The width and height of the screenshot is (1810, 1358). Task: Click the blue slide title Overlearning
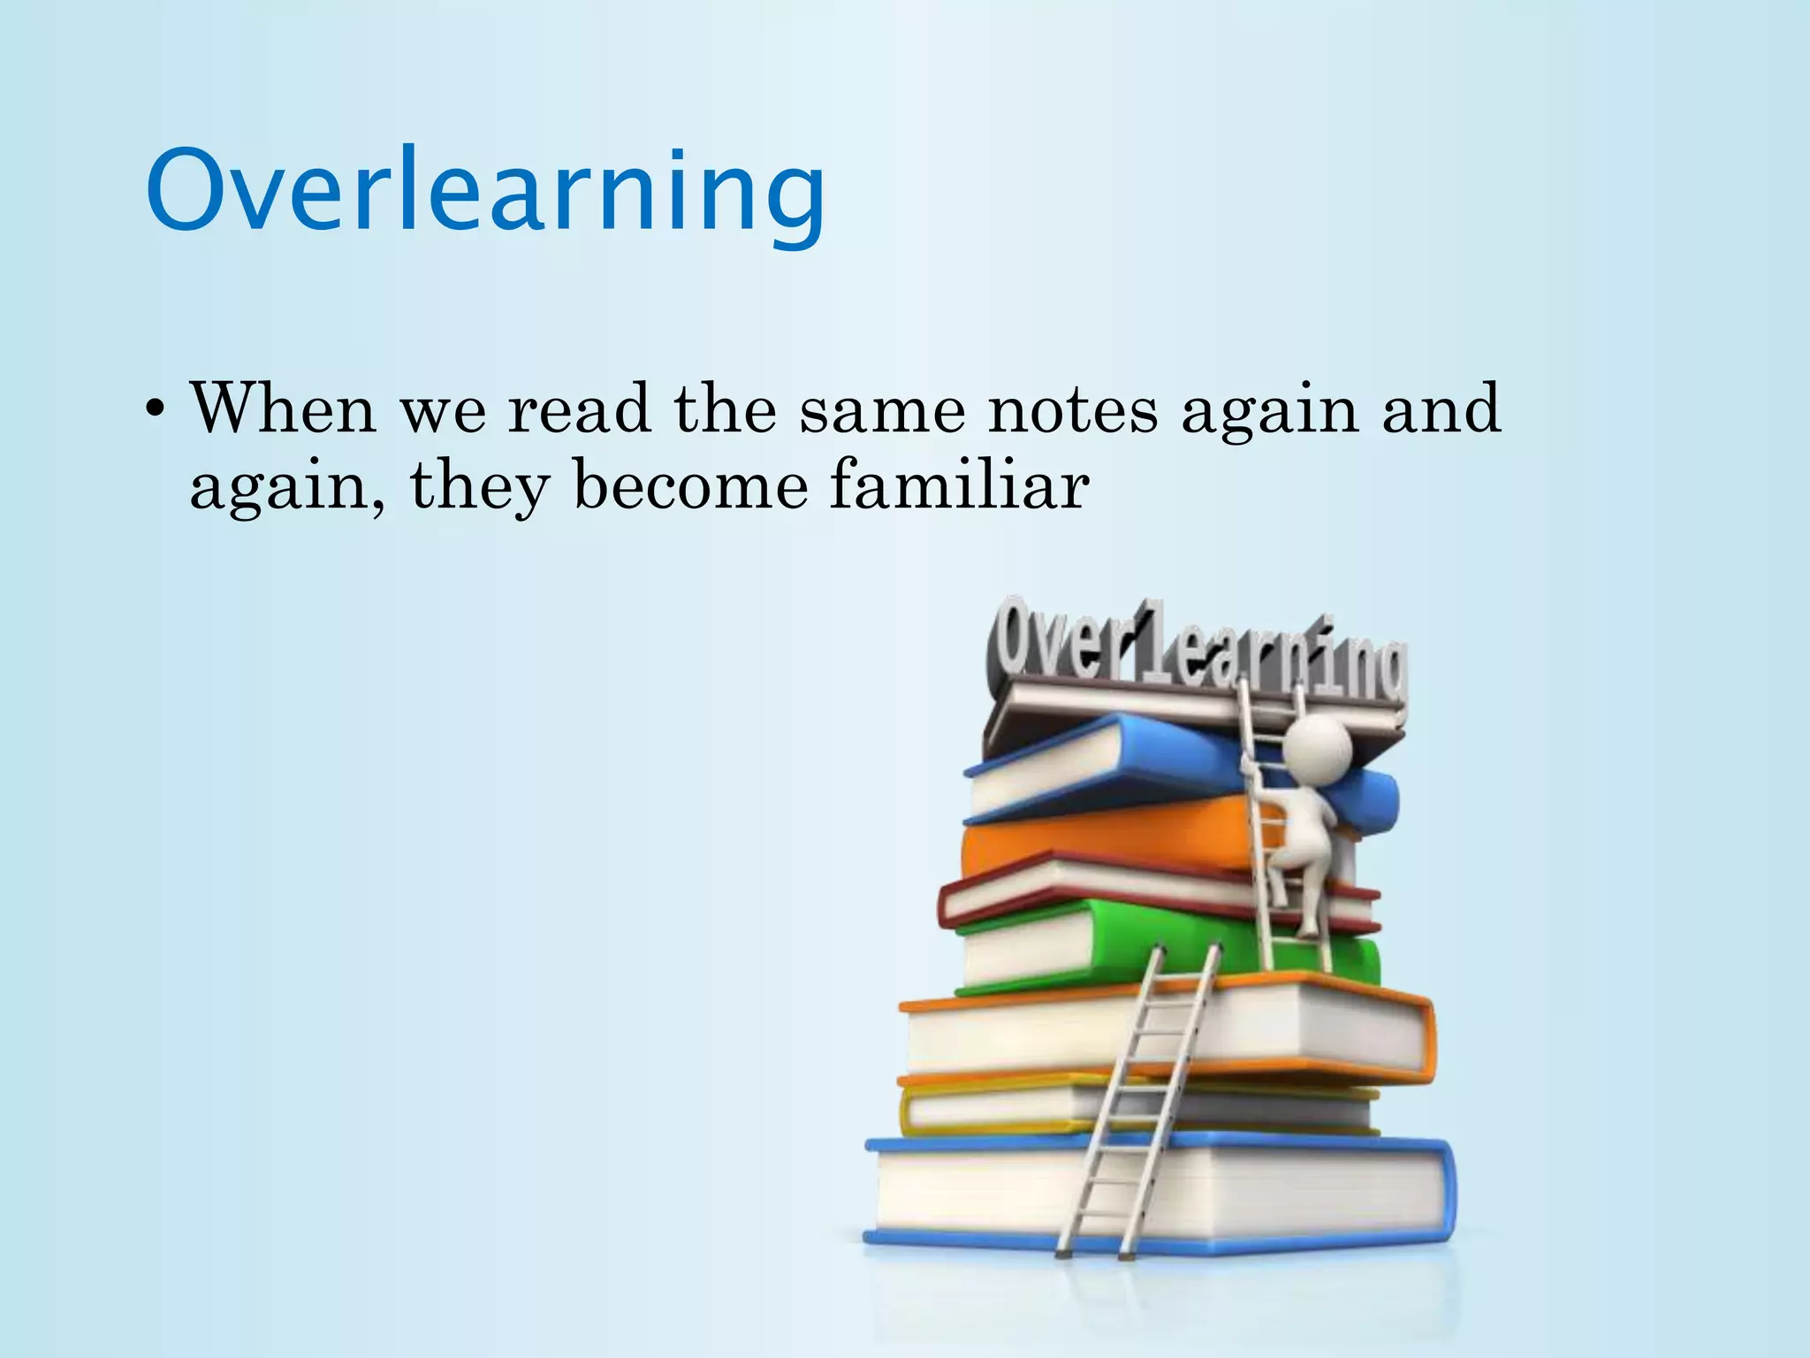pyautogui.click(x=485, y=193)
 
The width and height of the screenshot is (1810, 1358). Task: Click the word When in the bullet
pyautogui.click(x=283, y=408)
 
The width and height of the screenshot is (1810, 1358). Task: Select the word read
pyautogui.click(x=579, y=408)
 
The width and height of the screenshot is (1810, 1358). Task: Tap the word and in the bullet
pyautogui.click(x=1441, y=408)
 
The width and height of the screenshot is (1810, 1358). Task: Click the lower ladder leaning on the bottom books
pyautogui.click(x=1136, y=1105)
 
